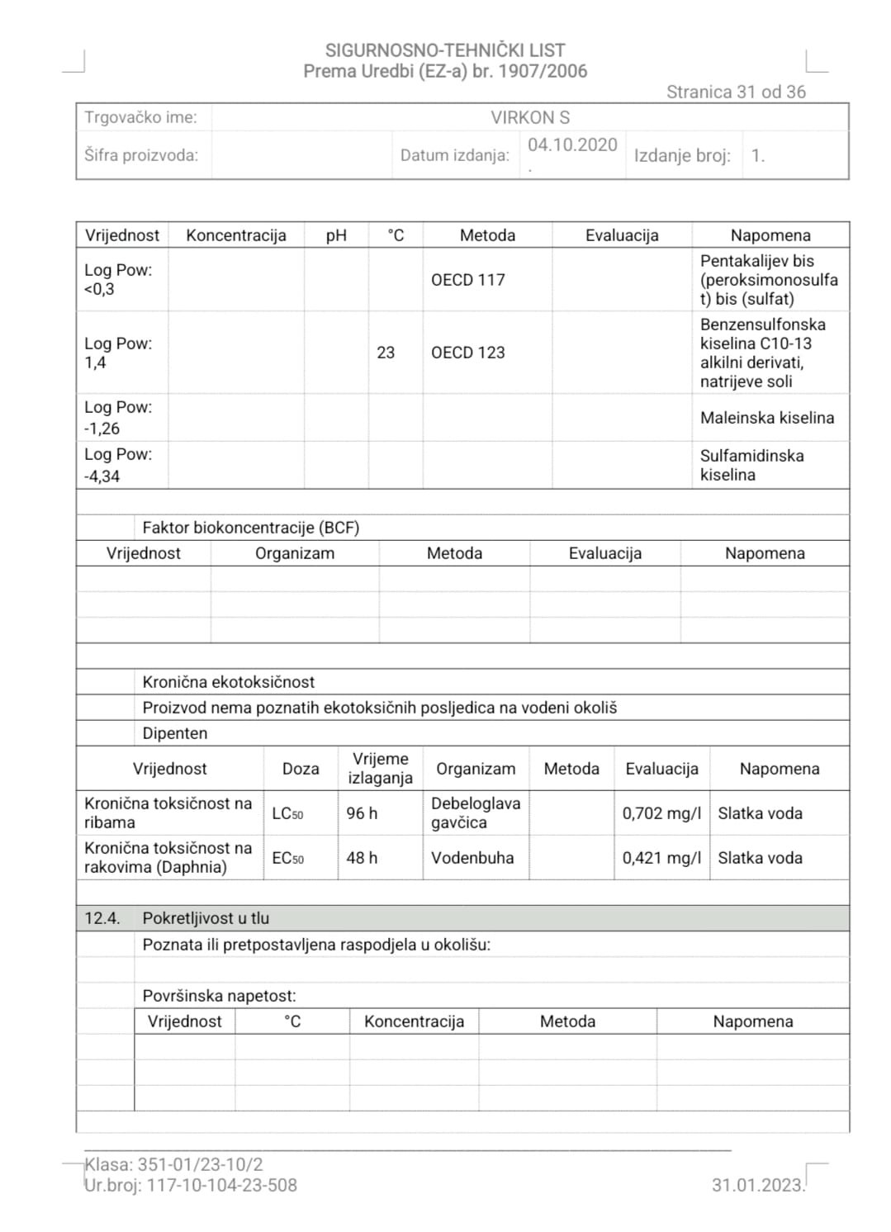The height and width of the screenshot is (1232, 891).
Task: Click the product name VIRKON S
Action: point(530,117)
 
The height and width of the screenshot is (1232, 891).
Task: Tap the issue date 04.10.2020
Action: point(572,145)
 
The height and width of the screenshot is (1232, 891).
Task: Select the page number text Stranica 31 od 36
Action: point(736,92)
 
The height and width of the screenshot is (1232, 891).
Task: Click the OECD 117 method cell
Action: point(467,280)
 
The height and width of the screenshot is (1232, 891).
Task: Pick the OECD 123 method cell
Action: point(467,353)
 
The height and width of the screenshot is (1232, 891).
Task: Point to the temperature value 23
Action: point(386,353)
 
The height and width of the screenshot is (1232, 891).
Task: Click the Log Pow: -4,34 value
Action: point(117,465)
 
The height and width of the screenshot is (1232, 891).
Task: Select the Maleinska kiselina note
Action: point(767,418)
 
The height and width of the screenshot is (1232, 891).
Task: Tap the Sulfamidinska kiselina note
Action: point(751,465)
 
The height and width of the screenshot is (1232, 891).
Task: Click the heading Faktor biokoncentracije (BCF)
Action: point(250,528)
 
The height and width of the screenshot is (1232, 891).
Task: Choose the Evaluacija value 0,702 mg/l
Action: point(661,813)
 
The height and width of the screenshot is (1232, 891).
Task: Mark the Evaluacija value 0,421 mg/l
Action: point(661,858)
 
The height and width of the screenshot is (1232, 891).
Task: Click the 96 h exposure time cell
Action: point(362,813)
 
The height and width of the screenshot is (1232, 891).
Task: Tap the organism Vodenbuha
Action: point(472,858)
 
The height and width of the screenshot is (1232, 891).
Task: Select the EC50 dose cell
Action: point(287,858)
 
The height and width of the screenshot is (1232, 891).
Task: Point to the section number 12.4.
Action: point(102,918)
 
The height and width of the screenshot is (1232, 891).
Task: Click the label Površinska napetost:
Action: point(219,996)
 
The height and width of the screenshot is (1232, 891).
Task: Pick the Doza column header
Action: point(301,769)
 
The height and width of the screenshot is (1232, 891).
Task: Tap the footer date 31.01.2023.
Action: point(757,1186)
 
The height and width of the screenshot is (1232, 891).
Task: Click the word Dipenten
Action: point(175,733)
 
